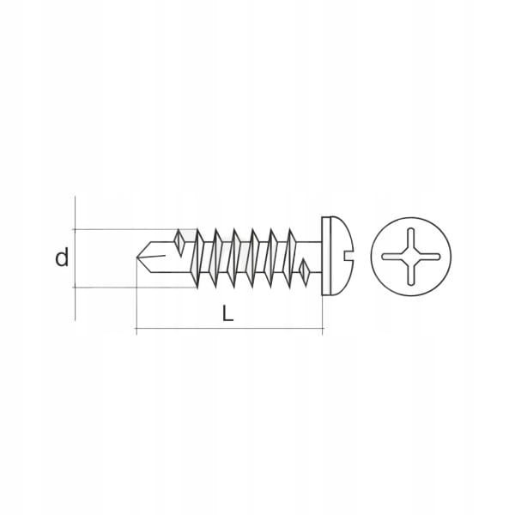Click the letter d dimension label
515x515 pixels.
(x=61, y=257)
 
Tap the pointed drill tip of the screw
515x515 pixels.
(x=139, y=256)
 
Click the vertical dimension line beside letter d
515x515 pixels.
(x=76, y=257)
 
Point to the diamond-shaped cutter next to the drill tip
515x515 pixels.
(x=178, y=242)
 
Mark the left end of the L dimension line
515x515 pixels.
(x=137, y=330)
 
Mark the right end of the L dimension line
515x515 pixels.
(x=322, y=330)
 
